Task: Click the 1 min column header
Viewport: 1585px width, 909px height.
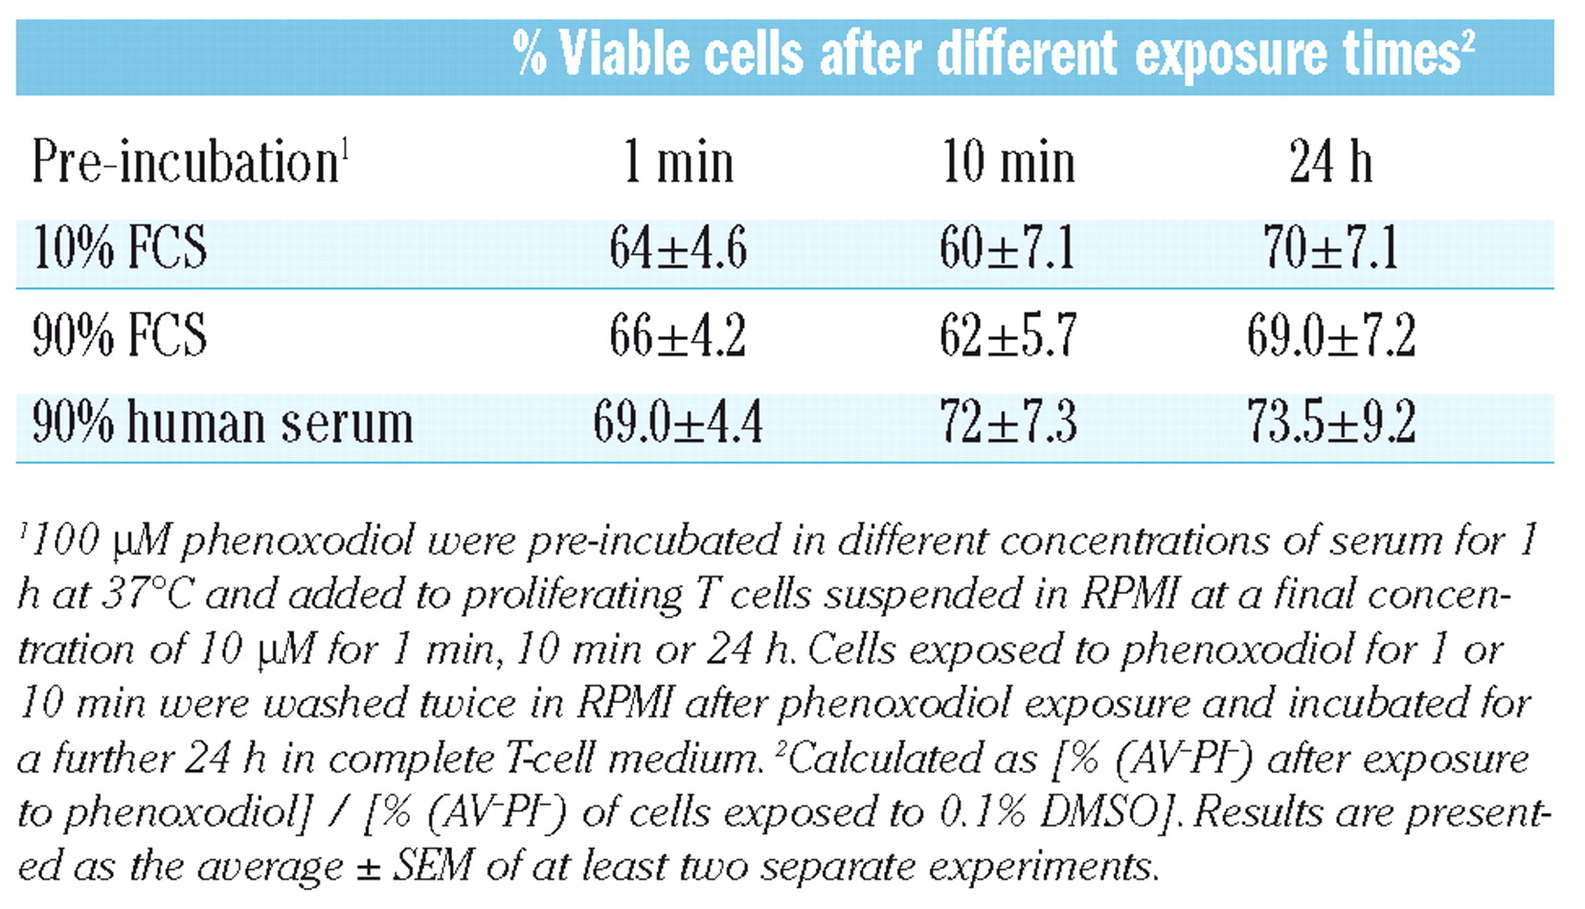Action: point(677,162)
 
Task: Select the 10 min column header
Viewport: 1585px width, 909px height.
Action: point(1008,162)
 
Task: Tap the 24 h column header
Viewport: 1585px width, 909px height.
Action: point(1330,162)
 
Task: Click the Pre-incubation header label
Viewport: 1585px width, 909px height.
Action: point(190,162)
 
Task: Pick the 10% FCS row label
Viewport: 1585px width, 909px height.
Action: point(120,248)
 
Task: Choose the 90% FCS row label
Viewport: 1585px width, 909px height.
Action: point(120,335)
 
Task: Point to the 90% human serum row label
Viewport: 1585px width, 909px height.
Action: point(222,422)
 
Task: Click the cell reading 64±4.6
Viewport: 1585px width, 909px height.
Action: point(677,248)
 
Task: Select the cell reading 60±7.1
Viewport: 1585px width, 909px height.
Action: point(1008,248)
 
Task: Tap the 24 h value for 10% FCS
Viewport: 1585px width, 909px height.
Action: point(1330,248)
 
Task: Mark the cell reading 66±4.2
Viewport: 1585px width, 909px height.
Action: point(677,335)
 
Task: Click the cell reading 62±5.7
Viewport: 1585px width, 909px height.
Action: point(1008,335)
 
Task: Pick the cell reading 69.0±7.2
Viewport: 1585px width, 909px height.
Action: point(1330,335)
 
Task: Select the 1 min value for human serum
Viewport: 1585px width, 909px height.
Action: point(677,422)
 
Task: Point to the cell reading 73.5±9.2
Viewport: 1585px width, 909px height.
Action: point(1330,422)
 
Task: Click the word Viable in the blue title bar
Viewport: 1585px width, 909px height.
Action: point(623,54)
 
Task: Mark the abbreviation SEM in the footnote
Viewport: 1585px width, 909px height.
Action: point(433,867)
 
